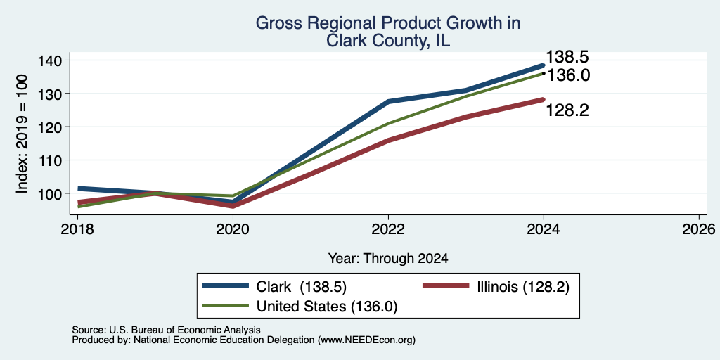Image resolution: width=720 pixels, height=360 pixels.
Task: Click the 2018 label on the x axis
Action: pos(77,229)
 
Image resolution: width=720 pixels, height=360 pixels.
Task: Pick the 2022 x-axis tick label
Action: pos(388,229)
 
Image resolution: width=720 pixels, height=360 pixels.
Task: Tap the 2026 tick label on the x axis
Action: pos(699,229)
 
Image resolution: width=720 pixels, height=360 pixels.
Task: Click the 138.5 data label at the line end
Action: pos(567,58)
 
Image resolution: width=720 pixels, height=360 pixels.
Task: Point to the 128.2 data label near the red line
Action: pos(567,110)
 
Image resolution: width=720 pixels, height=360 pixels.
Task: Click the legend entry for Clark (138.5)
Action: pos(274,287)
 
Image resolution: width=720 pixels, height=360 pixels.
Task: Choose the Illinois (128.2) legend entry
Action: pos(496,287)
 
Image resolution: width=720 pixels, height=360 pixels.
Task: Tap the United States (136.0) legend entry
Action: pos(300,307)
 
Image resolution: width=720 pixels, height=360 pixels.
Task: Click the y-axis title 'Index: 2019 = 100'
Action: pos(22,134)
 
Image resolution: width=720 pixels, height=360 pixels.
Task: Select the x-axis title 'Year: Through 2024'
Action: pos(388,259)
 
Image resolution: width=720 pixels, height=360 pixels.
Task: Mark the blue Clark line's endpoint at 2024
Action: pos(544,65)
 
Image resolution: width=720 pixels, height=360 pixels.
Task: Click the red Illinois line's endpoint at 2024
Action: pos(544,100)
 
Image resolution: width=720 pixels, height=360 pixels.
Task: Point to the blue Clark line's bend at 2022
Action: pos(388,101)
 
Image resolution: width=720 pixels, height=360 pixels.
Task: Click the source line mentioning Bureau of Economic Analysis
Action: pos(166,330)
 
